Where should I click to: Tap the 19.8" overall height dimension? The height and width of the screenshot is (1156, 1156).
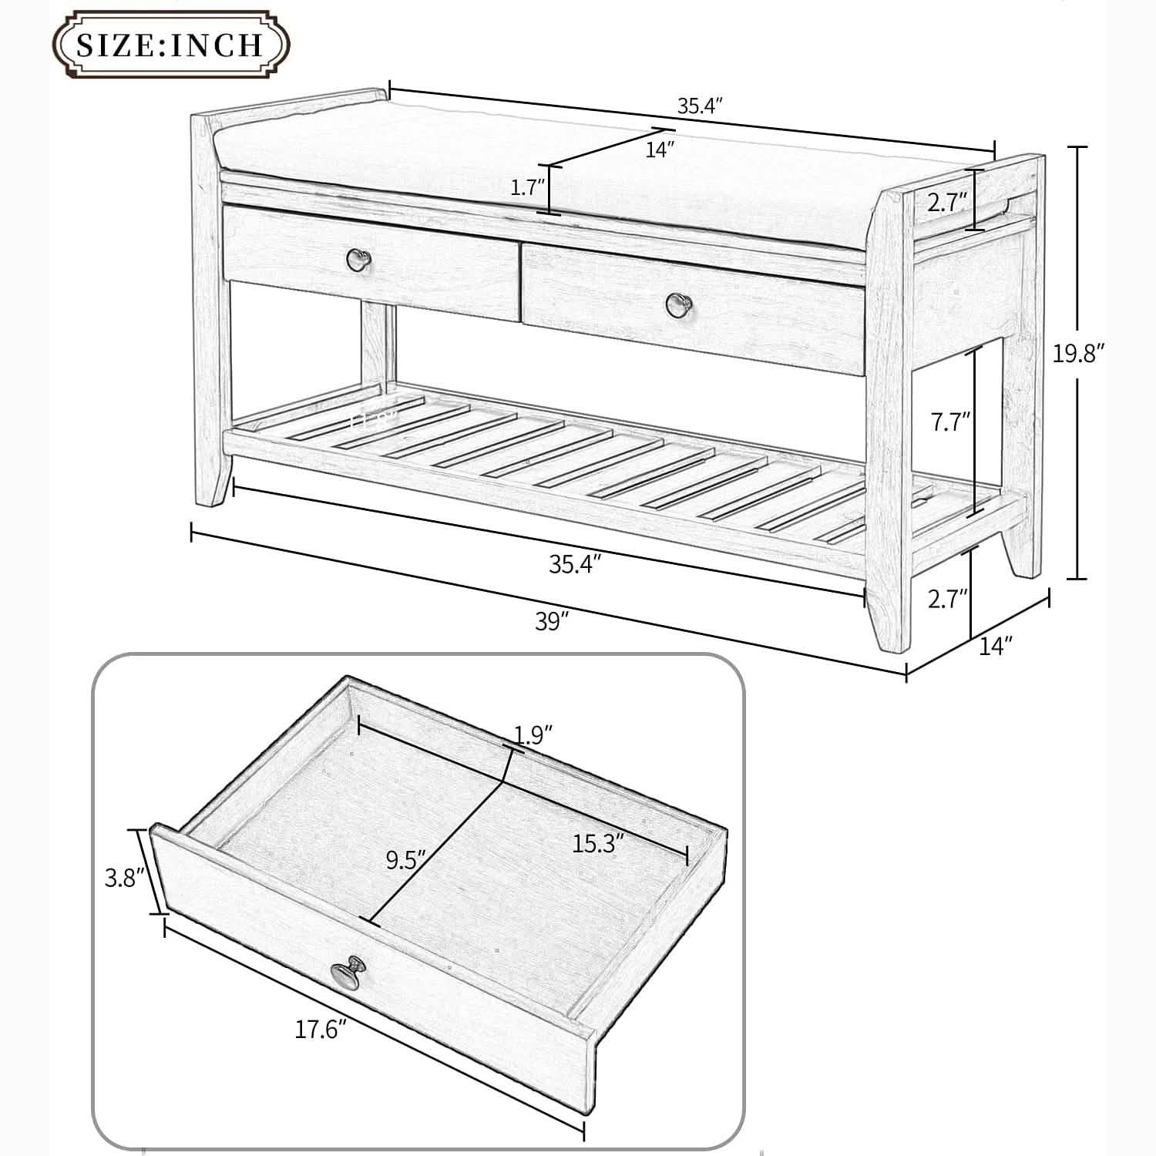coord(1079,354)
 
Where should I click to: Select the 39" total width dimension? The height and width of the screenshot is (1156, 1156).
coord(552,621)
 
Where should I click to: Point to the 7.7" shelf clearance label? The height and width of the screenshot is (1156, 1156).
coord(949,422)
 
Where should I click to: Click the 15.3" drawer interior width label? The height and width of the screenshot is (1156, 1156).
coord(597,844)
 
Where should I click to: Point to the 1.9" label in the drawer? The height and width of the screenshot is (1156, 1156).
coord(534,734)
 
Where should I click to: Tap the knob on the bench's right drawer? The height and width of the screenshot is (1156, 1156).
coord(677,303)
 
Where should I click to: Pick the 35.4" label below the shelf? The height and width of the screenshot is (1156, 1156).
coord(574,564)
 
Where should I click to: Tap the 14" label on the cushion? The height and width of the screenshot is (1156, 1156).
coord(660,150)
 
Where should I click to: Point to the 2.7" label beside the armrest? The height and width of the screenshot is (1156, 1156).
coord(946,203)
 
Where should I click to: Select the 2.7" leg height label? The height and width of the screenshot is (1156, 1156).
coord(947,598)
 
